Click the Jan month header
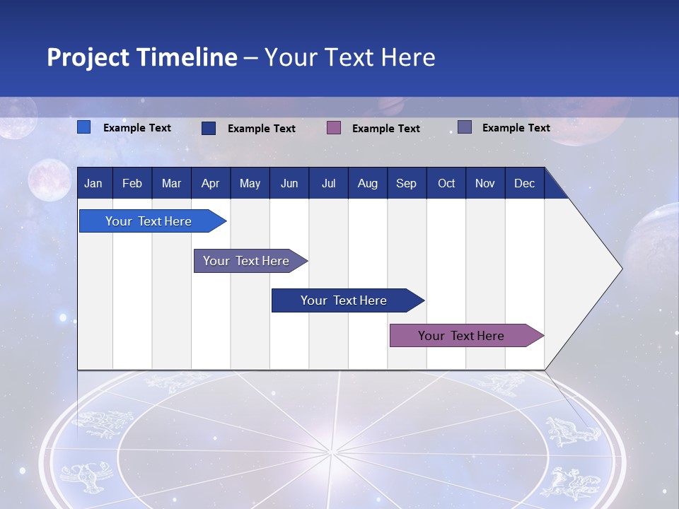click(x=93, y=184)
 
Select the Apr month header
click(x=210, y=184)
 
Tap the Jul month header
click(x=328, y=184)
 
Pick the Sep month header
click(x=406, y=184)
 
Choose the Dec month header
click(x=524, y=184)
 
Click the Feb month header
click(x=132, y=184)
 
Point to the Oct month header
click(x=446, y=184)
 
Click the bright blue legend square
click(x=84, y=127)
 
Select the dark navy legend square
click(x=209, y=128)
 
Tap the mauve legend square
click(x=334, y=127)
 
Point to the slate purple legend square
click(x=465, y=127)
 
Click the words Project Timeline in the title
click(x=141, y=57)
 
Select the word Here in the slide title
click(x=408, y=57)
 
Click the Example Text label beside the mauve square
click(x=385, y=129)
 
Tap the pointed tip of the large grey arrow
click(x=620, y=269)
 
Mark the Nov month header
click(x=485, y=184)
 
